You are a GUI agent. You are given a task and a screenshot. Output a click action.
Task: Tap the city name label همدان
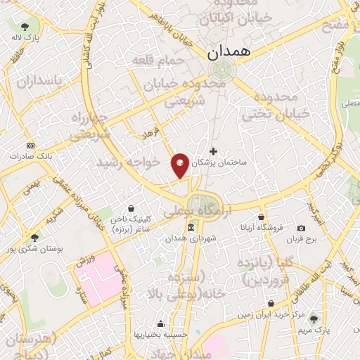223,52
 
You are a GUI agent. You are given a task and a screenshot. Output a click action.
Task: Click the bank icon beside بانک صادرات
30,145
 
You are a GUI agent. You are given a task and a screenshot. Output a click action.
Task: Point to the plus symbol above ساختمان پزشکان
214,151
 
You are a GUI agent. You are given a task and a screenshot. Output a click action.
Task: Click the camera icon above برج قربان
301,228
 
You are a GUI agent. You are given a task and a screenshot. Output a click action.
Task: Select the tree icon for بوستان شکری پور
34,238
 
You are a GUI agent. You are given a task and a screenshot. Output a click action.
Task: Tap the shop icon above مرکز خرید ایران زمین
271,304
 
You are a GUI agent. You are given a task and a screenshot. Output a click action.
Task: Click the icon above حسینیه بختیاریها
161,323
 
